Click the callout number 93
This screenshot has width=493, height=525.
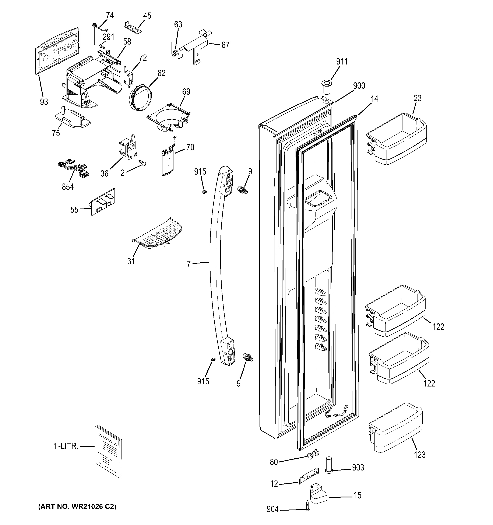click(44, 102)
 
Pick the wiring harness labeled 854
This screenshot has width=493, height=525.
click(73, 169)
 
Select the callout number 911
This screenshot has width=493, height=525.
click(342, 62)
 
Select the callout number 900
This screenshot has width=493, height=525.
click(359, 86)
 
